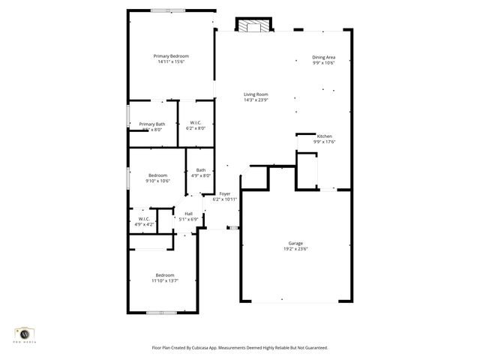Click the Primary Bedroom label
171,56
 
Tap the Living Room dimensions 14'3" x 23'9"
256,99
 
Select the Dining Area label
324,57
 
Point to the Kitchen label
324,136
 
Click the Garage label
295,243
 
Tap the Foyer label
225,193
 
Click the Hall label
188,213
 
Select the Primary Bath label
152,124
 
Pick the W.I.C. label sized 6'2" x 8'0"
196,123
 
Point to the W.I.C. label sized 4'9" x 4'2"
145,218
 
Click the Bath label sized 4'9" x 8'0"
201,170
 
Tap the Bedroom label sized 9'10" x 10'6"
157,175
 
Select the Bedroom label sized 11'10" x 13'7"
165,275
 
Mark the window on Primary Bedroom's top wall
167,10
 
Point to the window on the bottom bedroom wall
161,312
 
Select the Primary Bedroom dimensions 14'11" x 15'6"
171,61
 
